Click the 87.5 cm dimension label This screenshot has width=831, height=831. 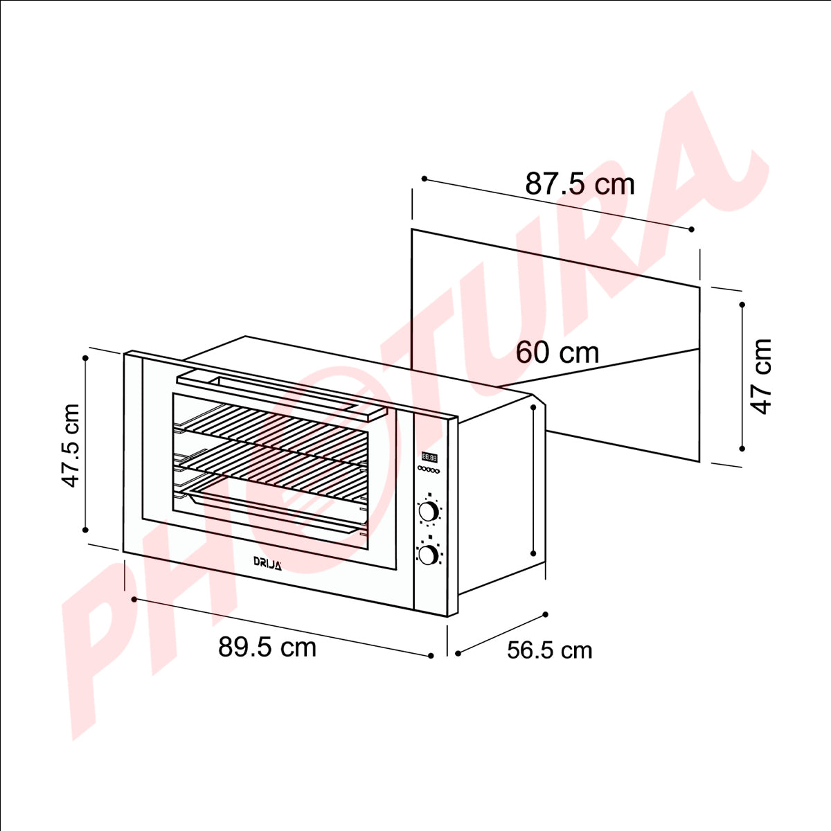click(580, 184)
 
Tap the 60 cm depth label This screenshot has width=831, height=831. click(557, 352)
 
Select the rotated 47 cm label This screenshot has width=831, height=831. click(761, 376)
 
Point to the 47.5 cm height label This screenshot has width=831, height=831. click(71, 445)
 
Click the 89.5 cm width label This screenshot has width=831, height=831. click(267, 647)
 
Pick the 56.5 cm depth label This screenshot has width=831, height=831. click(550, 650)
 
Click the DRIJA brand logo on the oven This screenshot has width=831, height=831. click(267, 563)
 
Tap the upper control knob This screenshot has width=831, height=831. click(429, 512)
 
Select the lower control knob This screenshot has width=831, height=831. click(429, 554)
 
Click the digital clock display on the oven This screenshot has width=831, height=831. click(429, 457)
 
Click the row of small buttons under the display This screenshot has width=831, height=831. click(429, 470)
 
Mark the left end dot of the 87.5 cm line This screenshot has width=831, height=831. click(423, 179)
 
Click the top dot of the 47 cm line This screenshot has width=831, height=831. click(742, 304)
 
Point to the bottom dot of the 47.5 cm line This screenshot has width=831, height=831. click(85, 530)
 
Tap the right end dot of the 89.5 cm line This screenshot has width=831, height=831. click(431, 655)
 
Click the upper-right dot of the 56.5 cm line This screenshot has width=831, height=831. click(546, 614)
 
